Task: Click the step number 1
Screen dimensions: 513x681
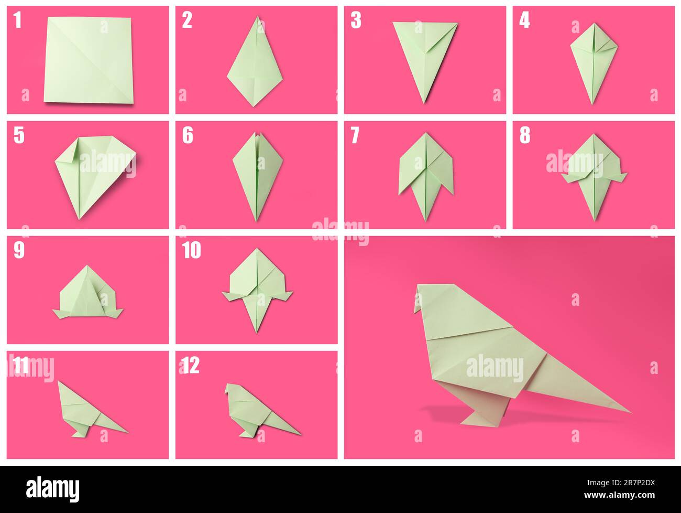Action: (18, 20)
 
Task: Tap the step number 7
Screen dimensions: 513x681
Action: (355, 136)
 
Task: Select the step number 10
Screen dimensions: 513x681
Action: (191, 251)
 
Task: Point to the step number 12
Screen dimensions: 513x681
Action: (191, 366)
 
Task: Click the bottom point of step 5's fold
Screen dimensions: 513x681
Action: (80, 217)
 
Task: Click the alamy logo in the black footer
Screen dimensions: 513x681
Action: (53, 488)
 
